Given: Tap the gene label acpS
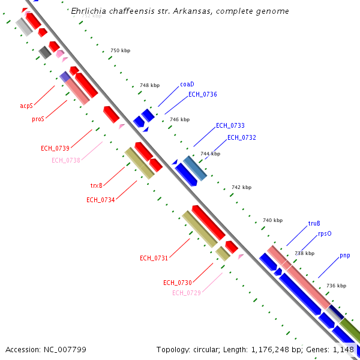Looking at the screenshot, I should point(26,106).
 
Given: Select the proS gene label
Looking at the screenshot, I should point(38,119).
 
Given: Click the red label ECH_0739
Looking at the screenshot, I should point(55,148).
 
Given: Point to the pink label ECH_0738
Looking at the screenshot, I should point(65,160).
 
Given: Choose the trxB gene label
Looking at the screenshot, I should point(96,185).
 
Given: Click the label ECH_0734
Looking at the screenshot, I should point(100,200).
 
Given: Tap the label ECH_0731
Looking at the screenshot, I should point(154,258).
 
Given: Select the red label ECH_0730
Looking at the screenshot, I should point(177,283).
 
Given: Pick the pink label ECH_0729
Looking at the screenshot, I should point(186,293).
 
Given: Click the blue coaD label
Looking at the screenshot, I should point(187,85).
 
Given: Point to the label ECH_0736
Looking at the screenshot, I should point(202,94).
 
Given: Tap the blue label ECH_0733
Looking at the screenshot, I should point(230,125).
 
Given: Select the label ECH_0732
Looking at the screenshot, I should point(241,138).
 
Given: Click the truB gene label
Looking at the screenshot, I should point(314,224).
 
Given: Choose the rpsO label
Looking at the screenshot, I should point(325,234).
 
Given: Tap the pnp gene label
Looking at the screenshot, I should point(344,256).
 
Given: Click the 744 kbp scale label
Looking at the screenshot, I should point(210,154).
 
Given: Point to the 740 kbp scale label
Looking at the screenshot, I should point(272,220).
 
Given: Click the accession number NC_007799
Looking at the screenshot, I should point(46,349).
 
